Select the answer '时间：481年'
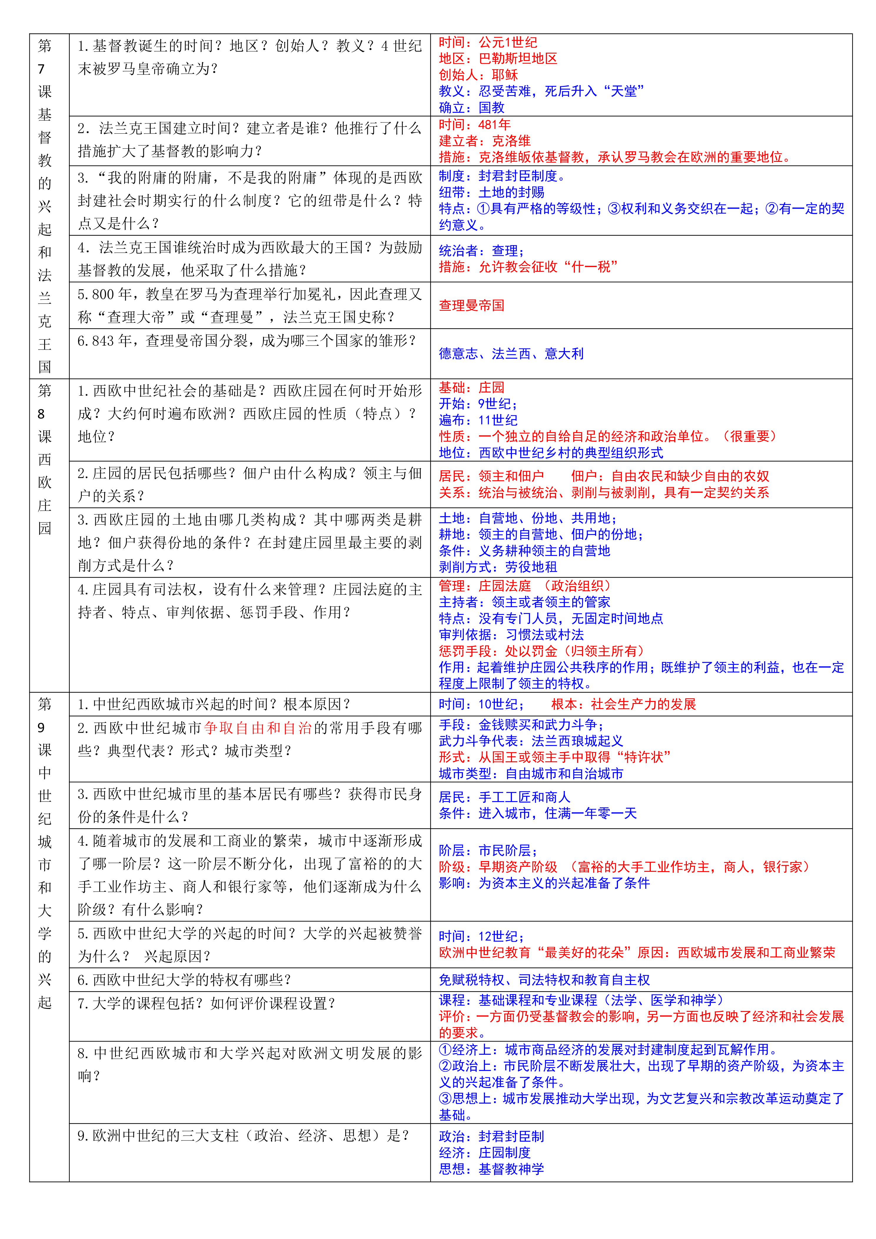(475, 125)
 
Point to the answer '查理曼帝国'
(471, 305)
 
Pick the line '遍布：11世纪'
(478, 420)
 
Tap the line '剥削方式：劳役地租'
(498, 567)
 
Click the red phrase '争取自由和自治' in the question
(258, 728)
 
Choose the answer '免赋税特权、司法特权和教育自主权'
(544, 979)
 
